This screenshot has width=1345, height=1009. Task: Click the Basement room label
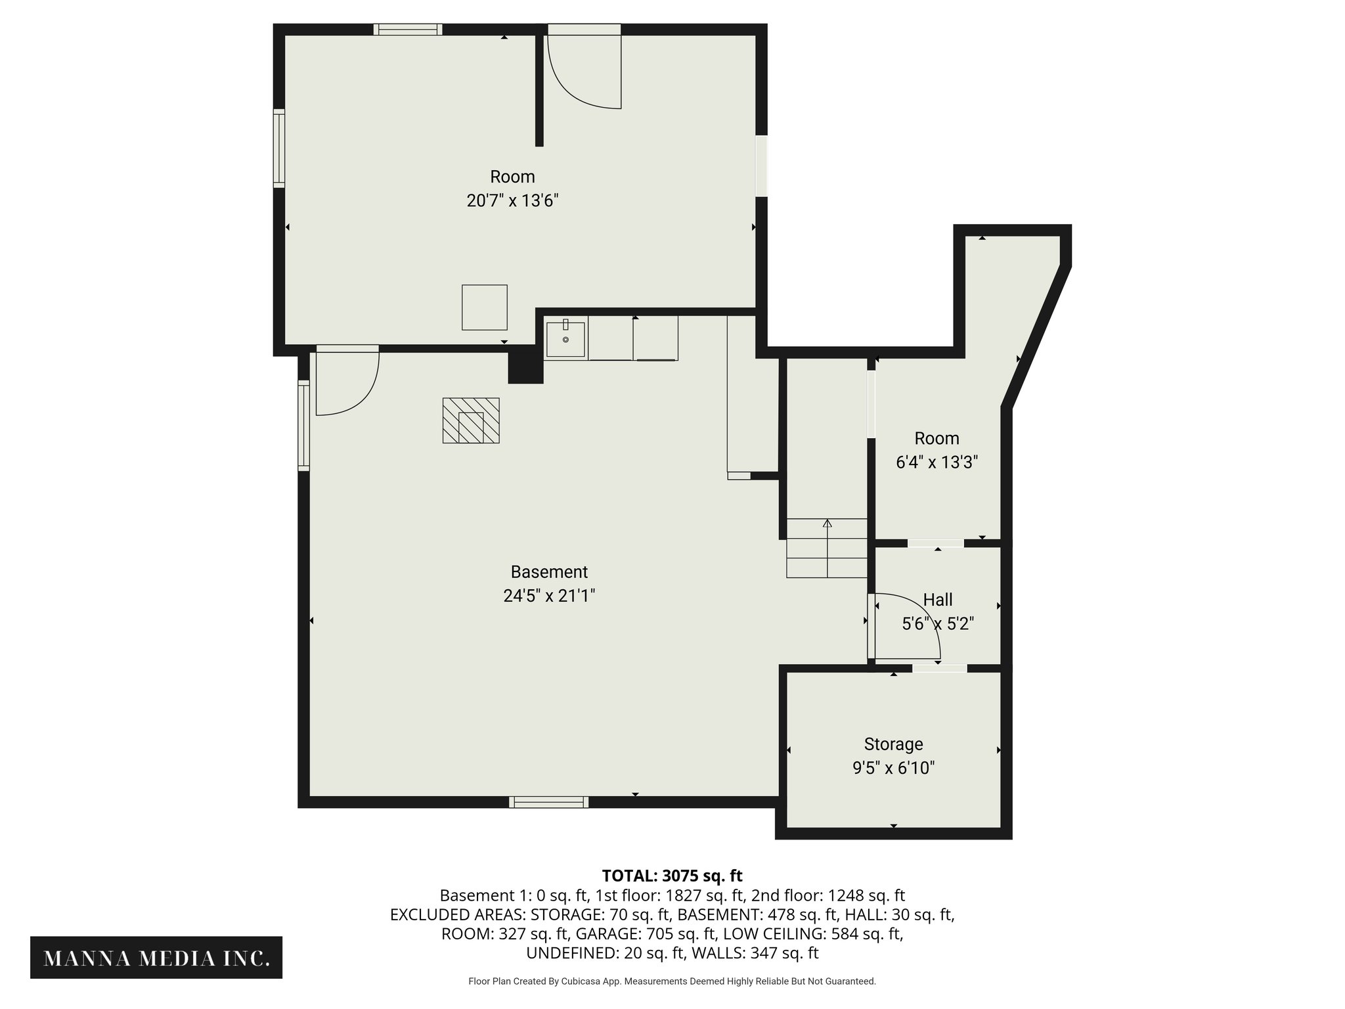click(x=549, y=572)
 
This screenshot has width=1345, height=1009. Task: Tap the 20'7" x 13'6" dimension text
click(x=512, y=200)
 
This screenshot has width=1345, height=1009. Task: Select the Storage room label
click(x=893, y=744)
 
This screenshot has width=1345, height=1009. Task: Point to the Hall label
click(x=937, y=599)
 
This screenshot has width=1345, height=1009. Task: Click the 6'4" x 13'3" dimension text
click(x=937, y=462)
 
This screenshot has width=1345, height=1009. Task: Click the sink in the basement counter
click(x=565, y=339)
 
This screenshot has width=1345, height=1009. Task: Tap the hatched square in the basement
click(x=470, y=420)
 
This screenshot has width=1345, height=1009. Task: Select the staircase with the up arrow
click(x=827, y=548)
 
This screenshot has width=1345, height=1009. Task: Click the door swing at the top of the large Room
click(x=584, y=71)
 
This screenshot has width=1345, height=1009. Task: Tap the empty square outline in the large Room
click(x=484, y=307)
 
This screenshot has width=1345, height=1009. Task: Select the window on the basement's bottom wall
click(x=548, y=801)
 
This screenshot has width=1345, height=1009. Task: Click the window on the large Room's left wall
click(x=279, y=148)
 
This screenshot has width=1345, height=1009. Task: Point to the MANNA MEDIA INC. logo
click(x=156, y=958)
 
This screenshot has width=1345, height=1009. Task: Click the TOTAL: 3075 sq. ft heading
click(x=672, y=876)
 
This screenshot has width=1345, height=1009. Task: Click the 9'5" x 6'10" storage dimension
click(x=893, y=767)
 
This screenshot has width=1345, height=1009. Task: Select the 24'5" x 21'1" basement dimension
click(x=549, y=595)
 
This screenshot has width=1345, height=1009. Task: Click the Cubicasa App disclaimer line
click(x=672, y=981)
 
